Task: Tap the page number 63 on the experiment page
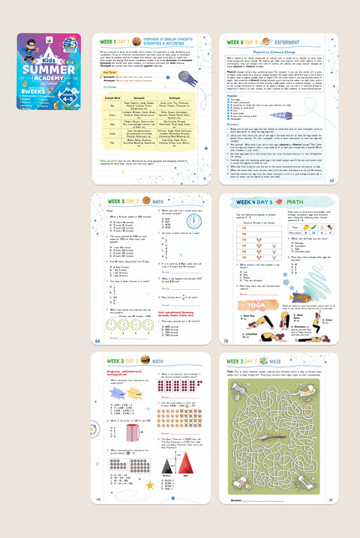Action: pos(331,180)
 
